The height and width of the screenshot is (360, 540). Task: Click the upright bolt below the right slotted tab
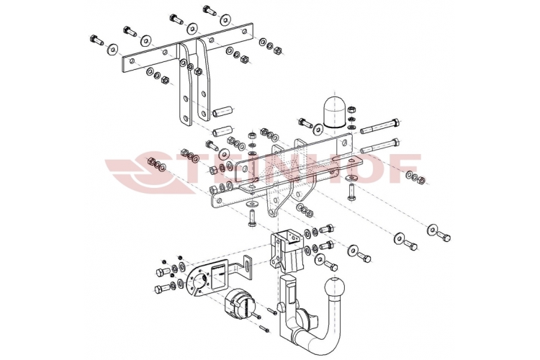point(351,193)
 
